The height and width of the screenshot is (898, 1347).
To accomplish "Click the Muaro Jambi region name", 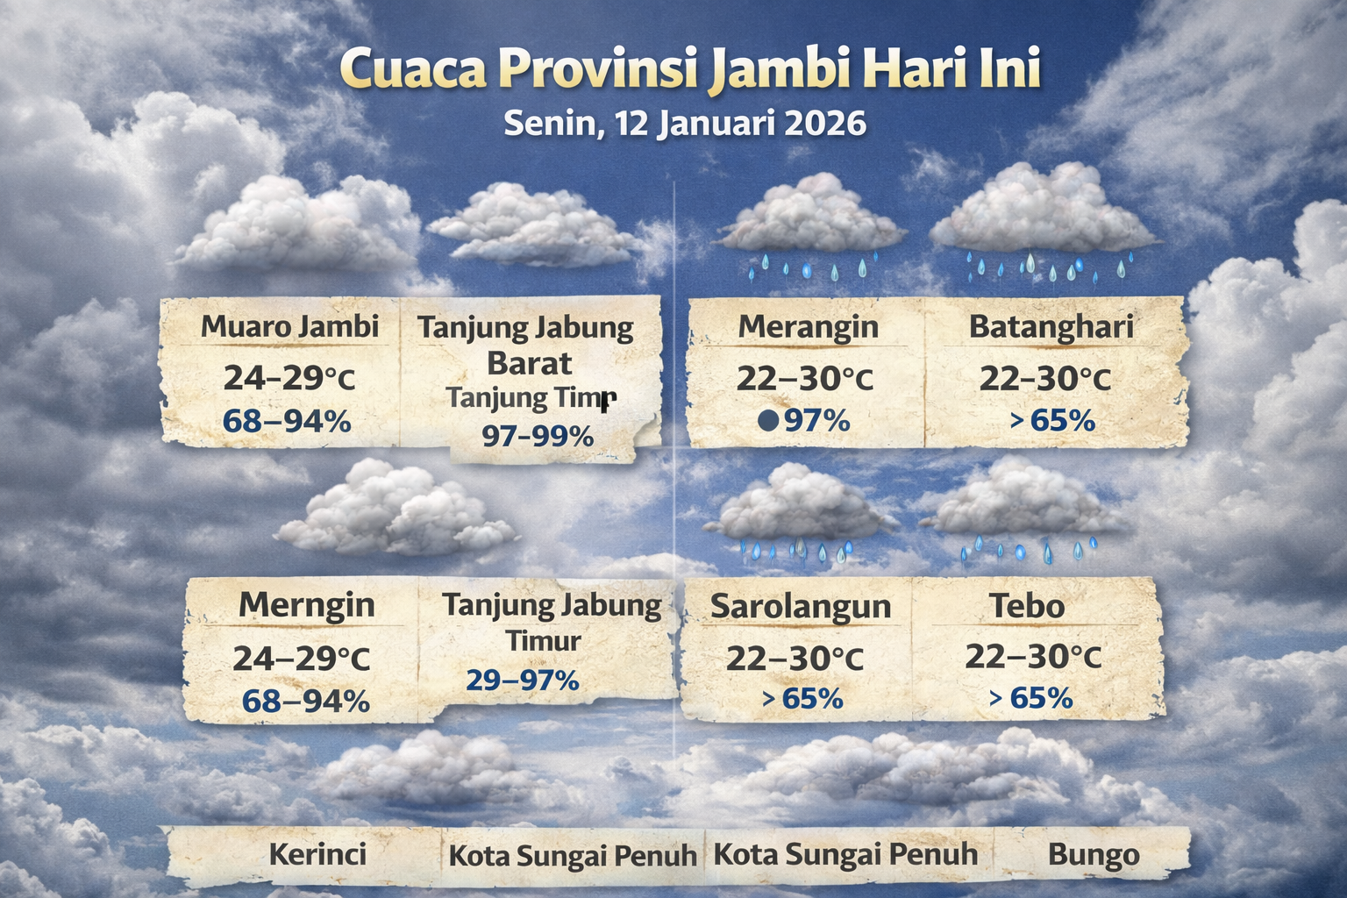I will tap(289, 327).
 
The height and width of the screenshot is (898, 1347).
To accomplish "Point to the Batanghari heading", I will tap(1051, 327).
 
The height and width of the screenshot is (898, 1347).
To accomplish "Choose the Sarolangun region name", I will tap(800, 606).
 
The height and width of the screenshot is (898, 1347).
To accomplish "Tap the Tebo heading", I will tap(1027, 605).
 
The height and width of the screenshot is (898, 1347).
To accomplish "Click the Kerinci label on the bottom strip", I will tap(317, 854).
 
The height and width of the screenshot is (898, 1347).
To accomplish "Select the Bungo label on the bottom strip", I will tap(1094, 854).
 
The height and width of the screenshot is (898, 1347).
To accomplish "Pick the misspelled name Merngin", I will tap(306, 605).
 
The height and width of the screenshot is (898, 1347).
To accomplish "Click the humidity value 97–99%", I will tap(538, 436).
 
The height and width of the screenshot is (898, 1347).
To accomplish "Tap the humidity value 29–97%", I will tap(522, 680).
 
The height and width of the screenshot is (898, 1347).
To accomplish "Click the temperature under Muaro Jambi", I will tap(289, 378).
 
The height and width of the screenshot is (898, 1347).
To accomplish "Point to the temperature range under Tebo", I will tap(1033, 657).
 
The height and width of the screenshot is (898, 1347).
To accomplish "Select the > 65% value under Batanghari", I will tap(1052, 421).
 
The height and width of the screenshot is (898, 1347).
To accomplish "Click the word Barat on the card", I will tap(529, 363).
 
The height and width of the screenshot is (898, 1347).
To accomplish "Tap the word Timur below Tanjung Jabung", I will tap(544, 641).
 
